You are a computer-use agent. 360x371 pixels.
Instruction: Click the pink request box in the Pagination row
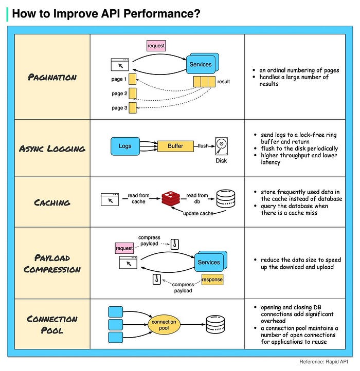point(156,46)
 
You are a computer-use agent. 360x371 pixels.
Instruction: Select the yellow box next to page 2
point(132,94)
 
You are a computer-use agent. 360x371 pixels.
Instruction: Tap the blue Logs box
point(125,146)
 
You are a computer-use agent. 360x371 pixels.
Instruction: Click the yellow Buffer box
point(175,146)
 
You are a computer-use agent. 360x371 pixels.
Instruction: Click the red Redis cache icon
point(171,199)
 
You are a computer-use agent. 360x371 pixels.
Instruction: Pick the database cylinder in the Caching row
point(226,198)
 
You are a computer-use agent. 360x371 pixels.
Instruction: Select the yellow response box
point(212,280)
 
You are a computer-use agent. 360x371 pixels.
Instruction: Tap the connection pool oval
point(164,325)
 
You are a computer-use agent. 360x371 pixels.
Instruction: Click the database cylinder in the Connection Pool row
point(215,324)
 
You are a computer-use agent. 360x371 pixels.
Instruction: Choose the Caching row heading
point(52,202)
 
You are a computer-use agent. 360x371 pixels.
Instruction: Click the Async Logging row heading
point(52,149)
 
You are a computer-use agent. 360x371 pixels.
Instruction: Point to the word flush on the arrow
point(203,146)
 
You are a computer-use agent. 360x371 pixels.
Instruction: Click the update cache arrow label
point(198,213)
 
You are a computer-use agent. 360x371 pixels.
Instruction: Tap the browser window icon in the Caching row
point(110,199)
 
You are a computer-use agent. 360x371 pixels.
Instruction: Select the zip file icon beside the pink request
point(174,244)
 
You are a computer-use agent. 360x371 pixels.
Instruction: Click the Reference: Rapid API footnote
point(323,362)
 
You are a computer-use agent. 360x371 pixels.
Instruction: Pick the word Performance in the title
point(162,13)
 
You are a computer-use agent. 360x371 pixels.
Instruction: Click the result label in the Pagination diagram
point(224,82)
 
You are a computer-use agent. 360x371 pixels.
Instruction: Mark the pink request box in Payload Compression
point(124,248)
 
